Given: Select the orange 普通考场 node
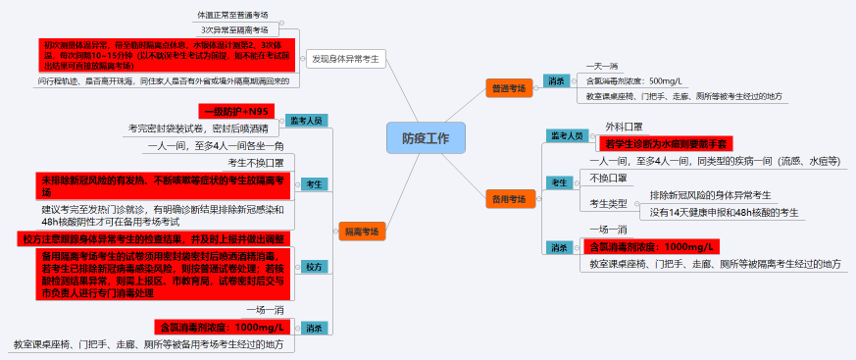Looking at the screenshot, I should (508, 89).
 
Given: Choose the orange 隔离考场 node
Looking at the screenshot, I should (361, 231).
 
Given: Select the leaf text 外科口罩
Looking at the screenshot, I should (623, 127).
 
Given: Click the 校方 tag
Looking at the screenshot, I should (313, 267).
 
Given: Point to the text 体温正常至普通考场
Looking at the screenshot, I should (231, 16).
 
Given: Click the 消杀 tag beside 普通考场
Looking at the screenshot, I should (556, 80).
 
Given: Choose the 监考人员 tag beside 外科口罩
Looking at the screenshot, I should (566, 134).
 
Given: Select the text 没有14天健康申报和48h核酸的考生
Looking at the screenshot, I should (724, 212).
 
